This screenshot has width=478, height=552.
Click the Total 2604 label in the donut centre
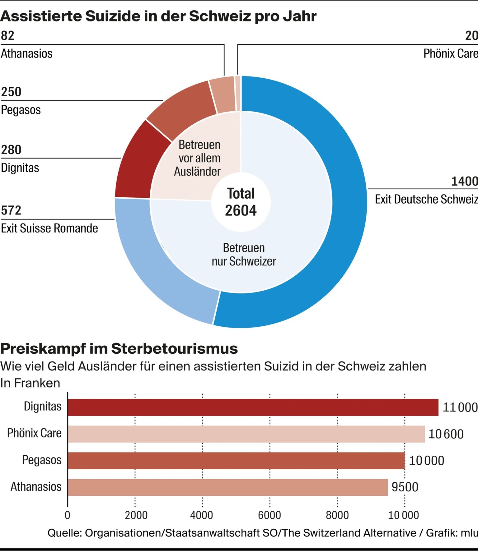[241, 202]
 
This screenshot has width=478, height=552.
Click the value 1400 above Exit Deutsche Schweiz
[464, 181]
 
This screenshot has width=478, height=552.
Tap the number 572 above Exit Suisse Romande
[11, 210]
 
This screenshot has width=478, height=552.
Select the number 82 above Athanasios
[7, 36]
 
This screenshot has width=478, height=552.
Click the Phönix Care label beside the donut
[450, 53]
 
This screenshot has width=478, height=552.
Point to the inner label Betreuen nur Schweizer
[244, 255]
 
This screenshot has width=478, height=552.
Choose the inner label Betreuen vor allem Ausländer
[199, 158]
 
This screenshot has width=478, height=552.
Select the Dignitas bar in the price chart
[253, 407]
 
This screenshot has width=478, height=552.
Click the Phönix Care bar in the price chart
[246, 434]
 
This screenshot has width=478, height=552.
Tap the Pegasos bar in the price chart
[236, 461]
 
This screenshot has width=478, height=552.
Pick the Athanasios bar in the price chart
[227, 487]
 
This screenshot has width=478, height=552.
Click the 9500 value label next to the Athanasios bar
[405, 487]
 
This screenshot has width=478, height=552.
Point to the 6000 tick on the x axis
[269, 515]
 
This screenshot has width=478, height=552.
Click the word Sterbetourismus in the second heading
[174, 349]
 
